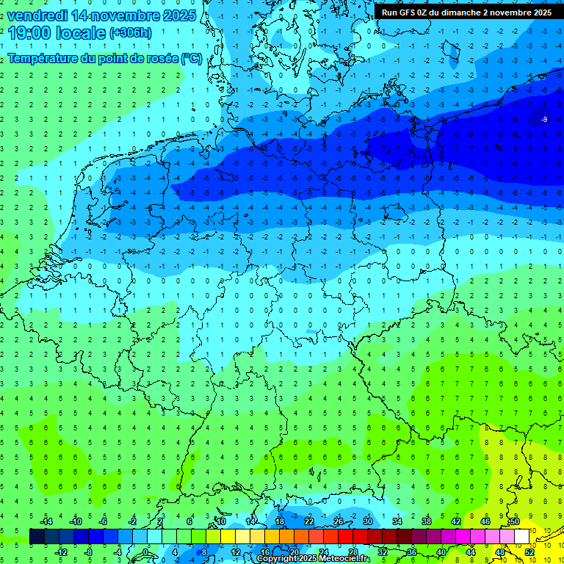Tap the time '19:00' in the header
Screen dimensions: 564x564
coord(30,33)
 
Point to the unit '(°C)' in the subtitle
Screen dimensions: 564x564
coord(192,59)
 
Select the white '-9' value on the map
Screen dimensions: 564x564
coord(544,119)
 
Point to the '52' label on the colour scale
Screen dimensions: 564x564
coord(529,552)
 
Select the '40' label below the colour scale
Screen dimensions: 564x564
coord(441,552)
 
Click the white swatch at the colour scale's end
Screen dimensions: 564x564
coord(522,536)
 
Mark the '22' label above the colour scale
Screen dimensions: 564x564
coord(309,521)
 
